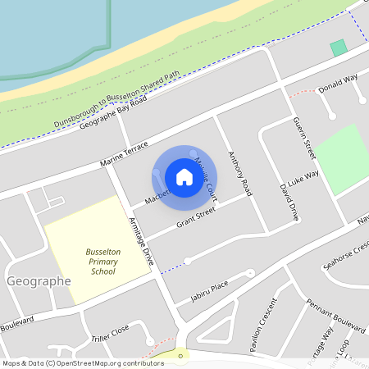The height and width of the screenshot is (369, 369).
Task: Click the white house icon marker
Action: (x=184, y=176)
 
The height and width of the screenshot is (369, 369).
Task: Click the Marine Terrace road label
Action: (x=125, y=153)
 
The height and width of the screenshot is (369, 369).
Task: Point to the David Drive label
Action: (x=289, y=202)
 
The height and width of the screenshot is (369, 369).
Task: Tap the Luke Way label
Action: (x=303, y=176)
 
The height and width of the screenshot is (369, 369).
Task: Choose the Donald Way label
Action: (x=338, y=83)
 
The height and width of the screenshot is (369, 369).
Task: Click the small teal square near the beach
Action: (x=338, y=48)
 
